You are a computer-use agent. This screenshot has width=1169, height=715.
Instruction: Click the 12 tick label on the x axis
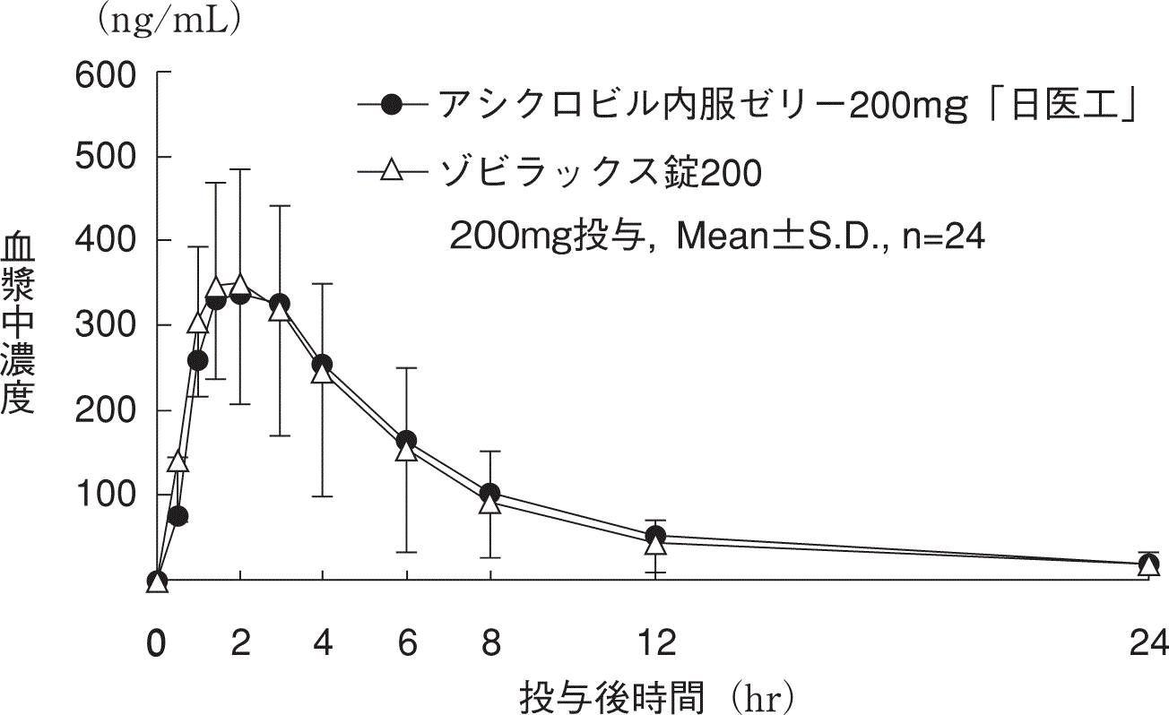[x=657, y=643]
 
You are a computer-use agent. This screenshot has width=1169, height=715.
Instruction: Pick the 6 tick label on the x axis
[x=407, y=643]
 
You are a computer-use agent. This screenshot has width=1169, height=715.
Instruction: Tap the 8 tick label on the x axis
[x=490, y=643]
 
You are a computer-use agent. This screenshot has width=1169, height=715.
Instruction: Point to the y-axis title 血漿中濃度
[x=18, y=323]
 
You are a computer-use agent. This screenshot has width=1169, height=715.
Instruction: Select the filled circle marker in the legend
[x=392, y=105]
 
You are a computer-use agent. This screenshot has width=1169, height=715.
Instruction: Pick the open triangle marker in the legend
[x=392, y=171]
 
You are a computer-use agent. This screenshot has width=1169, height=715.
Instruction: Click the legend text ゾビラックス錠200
[x=600, y=172]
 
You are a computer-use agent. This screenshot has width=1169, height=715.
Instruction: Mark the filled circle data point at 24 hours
[x=1149, y=564]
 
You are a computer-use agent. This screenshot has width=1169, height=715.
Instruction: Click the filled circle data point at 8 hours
[x=490, y=494]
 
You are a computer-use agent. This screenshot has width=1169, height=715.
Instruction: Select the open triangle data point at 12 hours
[x=657, y=543]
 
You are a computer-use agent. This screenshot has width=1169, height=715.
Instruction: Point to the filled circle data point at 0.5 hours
[x=178, y=516]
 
